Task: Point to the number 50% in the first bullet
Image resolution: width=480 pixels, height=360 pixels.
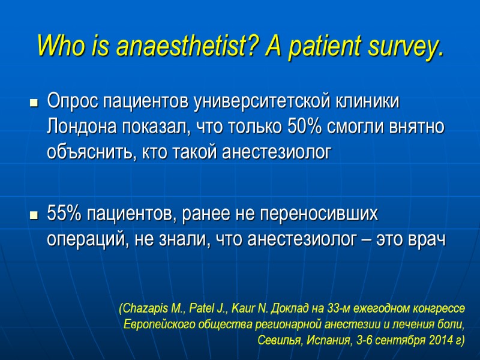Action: tap(290, 127)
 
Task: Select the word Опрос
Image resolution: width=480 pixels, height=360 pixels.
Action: tap(71, 102)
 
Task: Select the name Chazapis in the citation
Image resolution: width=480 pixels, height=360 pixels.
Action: tap(145, 309)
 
